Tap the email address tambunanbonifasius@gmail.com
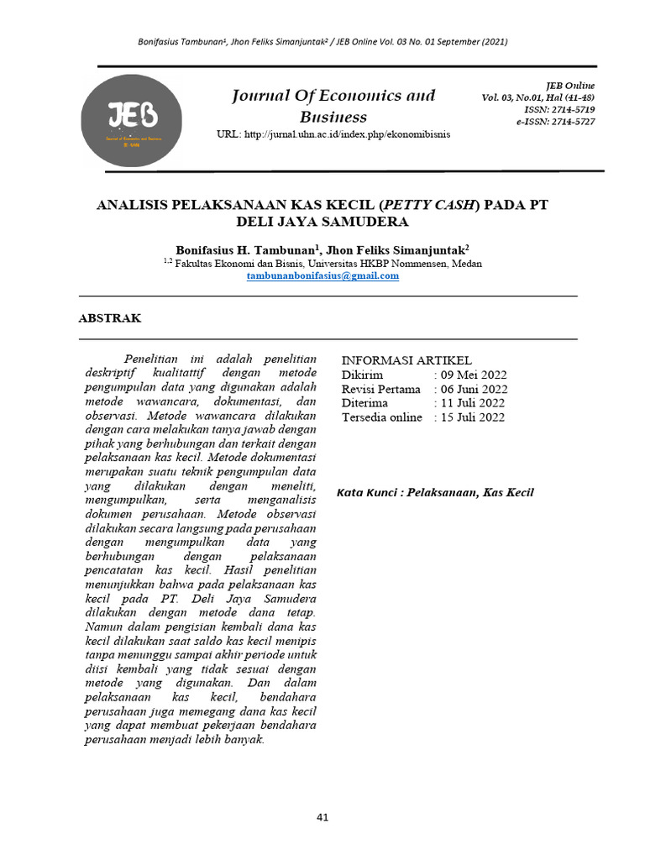(322, 275)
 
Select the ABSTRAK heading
(110, 318)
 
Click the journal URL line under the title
(333, 135)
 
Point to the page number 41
(322, 816)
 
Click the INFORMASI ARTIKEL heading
(406, 360)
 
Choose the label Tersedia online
(381, 417)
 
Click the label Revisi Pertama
(380, 390)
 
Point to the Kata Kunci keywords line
(435, 493)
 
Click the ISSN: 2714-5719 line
(559, 110)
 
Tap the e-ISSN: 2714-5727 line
(555, 122)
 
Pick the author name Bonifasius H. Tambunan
(245, 250)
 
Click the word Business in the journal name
(333, 117)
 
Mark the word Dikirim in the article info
(362, 375)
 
